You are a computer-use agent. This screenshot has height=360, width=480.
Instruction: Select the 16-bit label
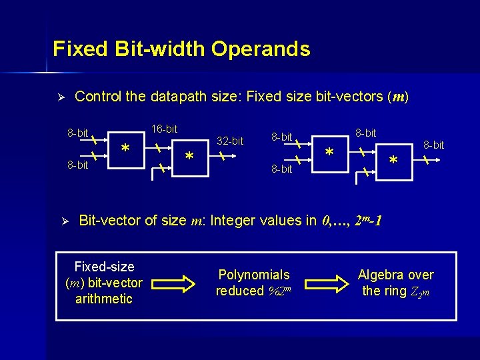(x=164, y=128)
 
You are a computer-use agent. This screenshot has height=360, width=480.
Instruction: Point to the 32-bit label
(x=231, y=141)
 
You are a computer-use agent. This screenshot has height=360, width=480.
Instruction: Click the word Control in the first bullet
(x=99, y=97)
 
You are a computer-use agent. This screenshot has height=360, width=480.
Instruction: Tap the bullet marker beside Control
(x=59, y=97)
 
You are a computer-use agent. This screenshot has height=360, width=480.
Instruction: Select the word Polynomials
(x=254, y=275)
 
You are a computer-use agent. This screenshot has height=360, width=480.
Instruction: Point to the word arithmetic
(x=104, y=299)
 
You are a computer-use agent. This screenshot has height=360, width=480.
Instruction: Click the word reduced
(x=240, y=291)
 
